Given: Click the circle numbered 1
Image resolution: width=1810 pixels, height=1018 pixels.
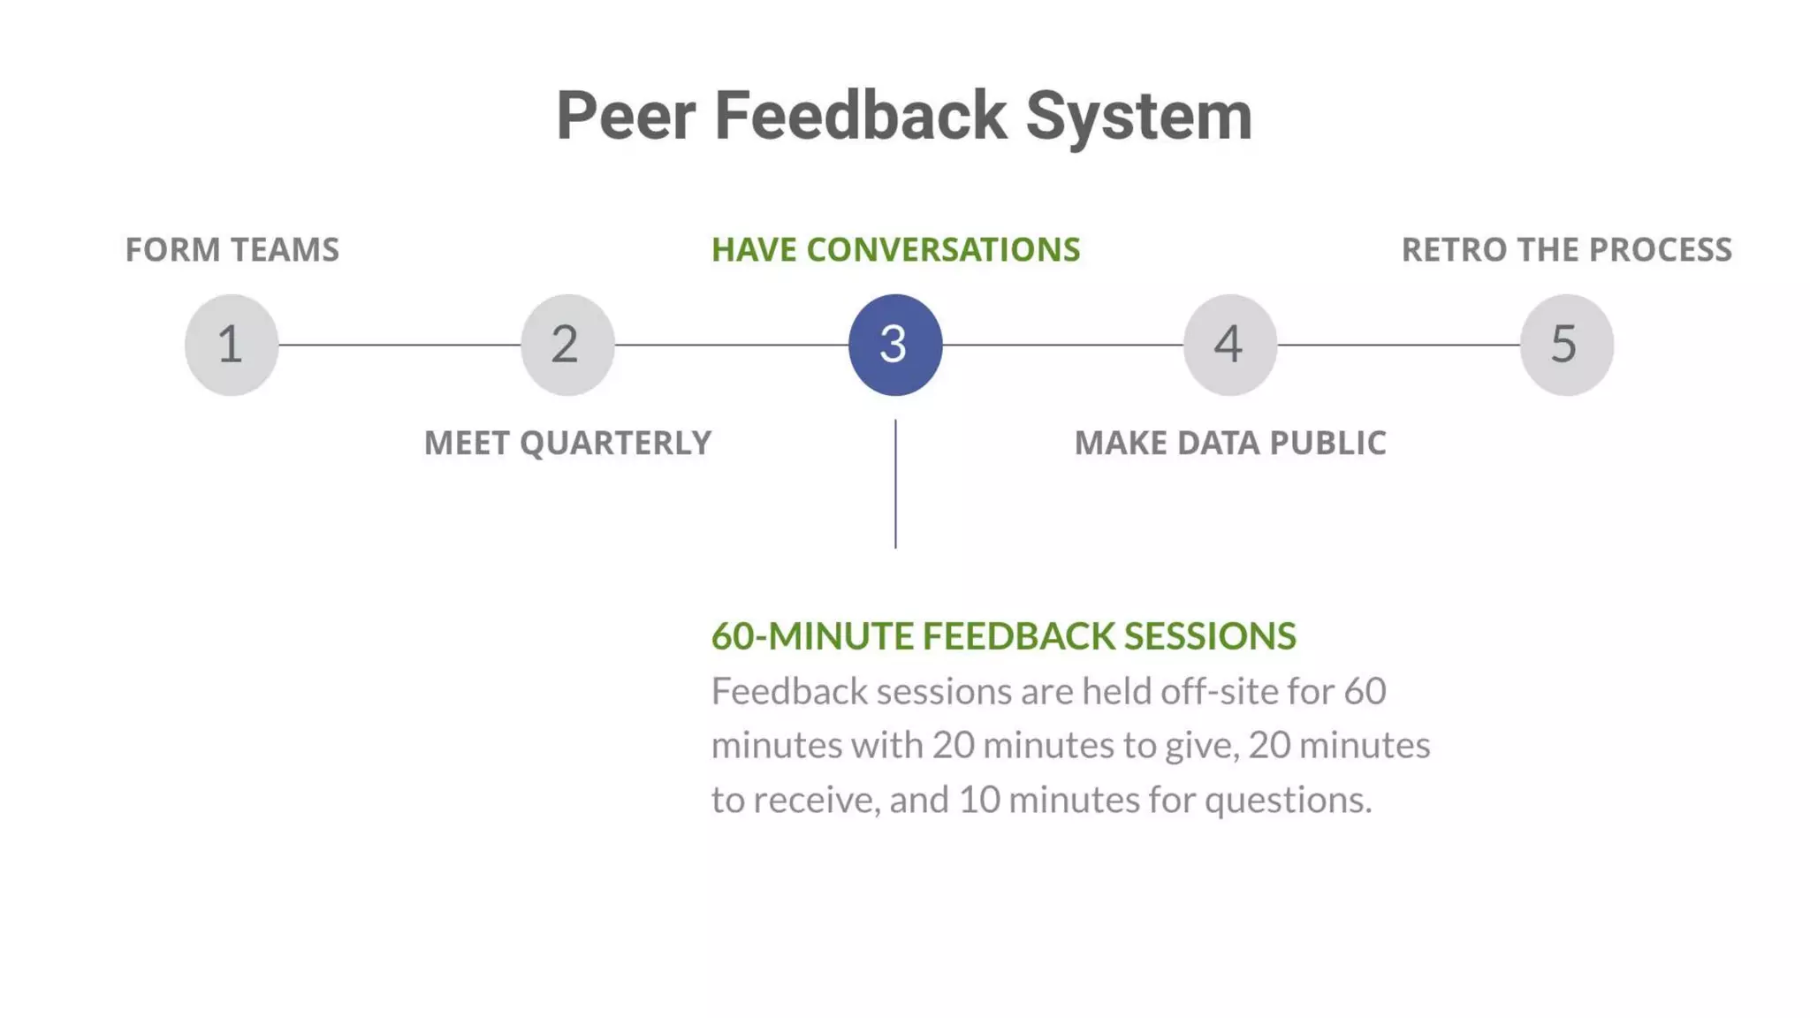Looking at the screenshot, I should [x=232, y=345].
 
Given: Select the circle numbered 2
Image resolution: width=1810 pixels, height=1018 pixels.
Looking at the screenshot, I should [x=567, y=345].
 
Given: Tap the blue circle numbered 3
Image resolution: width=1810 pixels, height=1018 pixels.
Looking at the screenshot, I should [x=895, y=345].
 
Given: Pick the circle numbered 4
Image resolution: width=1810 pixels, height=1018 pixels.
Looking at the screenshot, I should [x=1230, y=345].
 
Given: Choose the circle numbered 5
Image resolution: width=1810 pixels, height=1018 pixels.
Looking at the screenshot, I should [x=1566, y=345].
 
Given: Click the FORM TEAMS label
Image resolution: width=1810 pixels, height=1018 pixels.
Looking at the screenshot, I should [x=232, y=250].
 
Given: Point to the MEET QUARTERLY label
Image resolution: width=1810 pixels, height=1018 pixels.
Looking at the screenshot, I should [x=567, y=443].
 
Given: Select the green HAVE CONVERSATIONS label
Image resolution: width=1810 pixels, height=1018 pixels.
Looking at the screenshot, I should [x=895, y=250].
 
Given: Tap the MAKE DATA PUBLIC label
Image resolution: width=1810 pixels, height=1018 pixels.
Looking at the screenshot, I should [x=1230, y=443].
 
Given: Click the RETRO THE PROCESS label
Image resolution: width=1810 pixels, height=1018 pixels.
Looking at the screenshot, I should [x=1566, y=250].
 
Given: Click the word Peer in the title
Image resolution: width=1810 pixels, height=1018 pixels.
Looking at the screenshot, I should [x=626, y=116].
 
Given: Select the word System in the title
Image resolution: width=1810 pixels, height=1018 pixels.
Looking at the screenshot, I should [x=1138, y=116].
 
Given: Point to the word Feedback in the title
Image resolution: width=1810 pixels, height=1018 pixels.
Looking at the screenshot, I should [x=860, y=116].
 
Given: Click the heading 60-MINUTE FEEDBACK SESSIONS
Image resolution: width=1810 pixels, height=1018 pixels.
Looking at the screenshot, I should [x=1003, y=636].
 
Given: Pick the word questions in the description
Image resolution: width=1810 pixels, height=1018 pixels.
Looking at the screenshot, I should [x=1288, y=801].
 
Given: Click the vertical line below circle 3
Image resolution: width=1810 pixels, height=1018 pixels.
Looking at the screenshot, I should [x=895, y=483].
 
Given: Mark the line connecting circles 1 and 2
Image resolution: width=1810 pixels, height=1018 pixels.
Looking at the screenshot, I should [x=399, y=345].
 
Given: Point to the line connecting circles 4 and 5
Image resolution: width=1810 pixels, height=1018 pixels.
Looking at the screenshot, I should [x=1398, y=345].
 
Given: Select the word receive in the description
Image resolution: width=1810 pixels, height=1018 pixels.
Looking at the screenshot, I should [x=817, y=801].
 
